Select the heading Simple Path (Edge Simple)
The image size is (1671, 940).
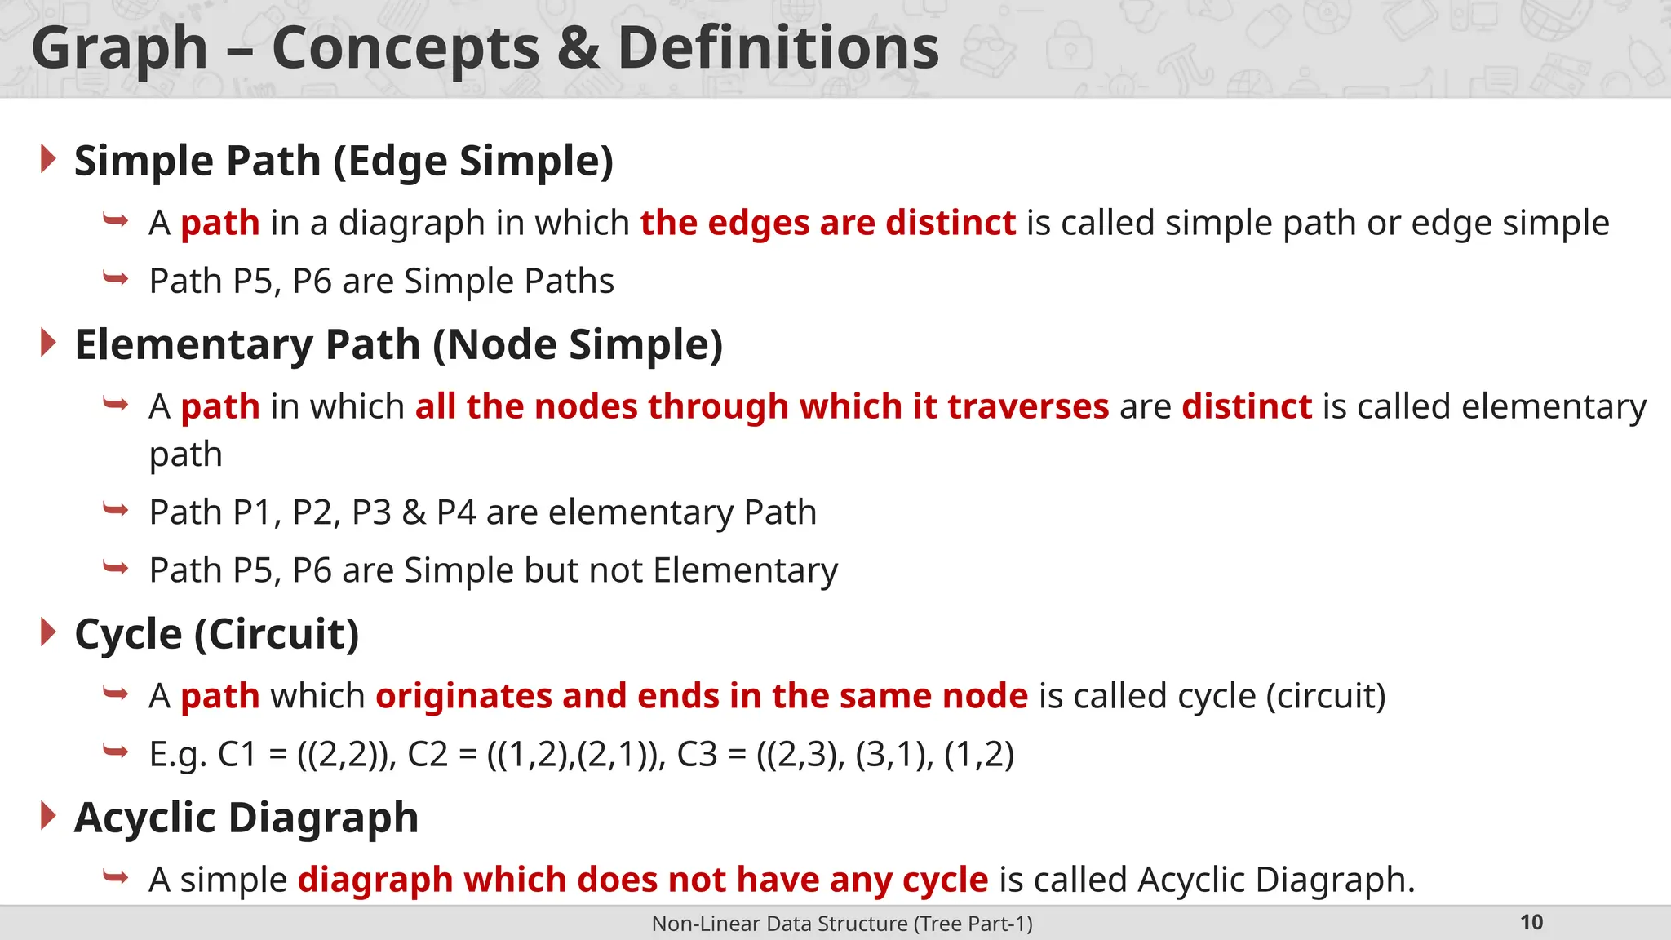click(344, 161)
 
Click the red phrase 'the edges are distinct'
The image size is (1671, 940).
click(827, 223)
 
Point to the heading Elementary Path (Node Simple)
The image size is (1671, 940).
click(398, 344)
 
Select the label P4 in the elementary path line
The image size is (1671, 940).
click(455, 512)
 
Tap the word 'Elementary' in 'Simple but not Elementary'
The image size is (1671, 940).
click(745, 570)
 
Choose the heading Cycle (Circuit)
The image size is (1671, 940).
click(216, 634)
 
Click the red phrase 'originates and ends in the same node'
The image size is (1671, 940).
click(702, 696)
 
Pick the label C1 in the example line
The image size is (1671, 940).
click(237, 754)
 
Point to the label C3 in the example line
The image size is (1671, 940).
click(697, 754)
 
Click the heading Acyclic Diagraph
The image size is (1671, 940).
click(246, 818)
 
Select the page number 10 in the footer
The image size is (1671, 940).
click(1531, 923)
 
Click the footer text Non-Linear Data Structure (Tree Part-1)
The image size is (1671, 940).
click(842, 924)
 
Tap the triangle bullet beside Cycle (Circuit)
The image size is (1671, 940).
click(48, 632)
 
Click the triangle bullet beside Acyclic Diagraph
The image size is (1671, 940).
click(48, 816)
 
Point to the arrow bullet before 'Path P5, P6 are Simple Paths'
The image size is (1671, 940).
click(116, 279)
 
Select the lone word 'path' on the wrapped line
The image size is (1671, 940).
click(185, 454)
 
